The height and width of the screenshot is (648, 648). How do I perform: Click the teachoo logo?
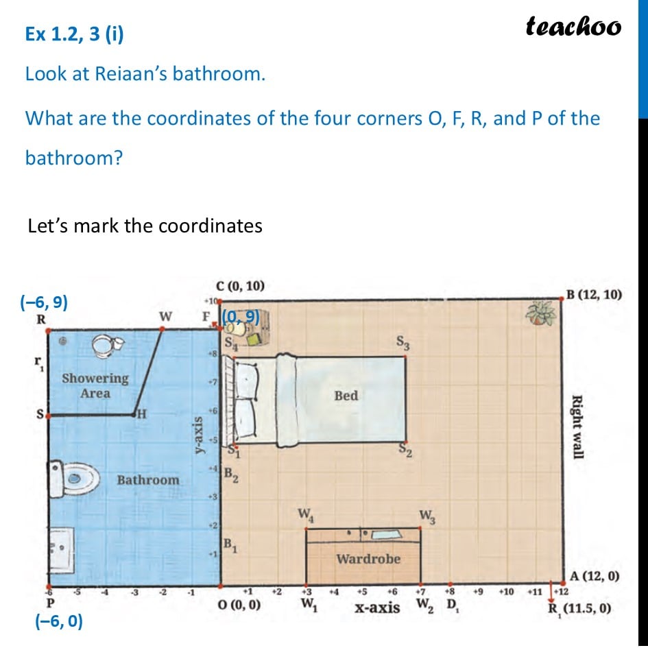573,26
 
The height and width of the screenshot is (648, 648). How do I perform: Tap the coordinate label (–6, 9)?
44,302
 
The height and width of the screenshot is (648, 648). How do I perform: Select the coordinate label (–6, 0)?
58,621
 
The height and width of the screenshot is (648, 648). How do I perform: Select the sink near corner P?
62,549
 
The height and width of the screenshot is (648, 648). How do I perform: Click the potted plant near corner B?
540,313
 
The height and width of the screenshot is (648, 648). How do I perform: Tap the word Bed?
346,395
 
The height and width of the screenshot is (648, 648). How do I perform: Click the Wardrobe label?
368,559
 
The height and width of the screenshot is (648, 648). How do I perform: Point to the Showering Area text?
95,385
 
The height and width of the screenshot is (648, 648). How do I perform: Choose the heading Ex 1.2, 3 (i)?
75,34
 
